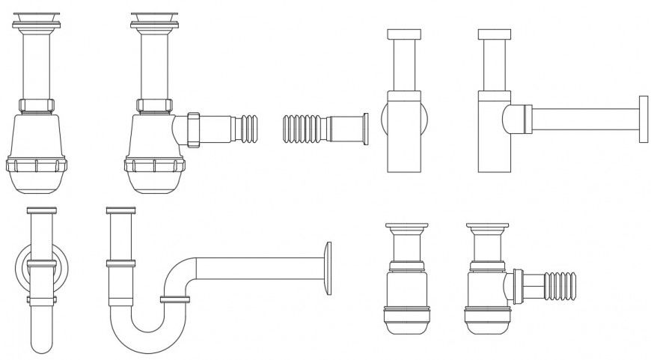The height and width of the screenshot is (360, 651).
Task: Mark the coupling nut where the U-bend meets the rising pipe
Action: [174, 299]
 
